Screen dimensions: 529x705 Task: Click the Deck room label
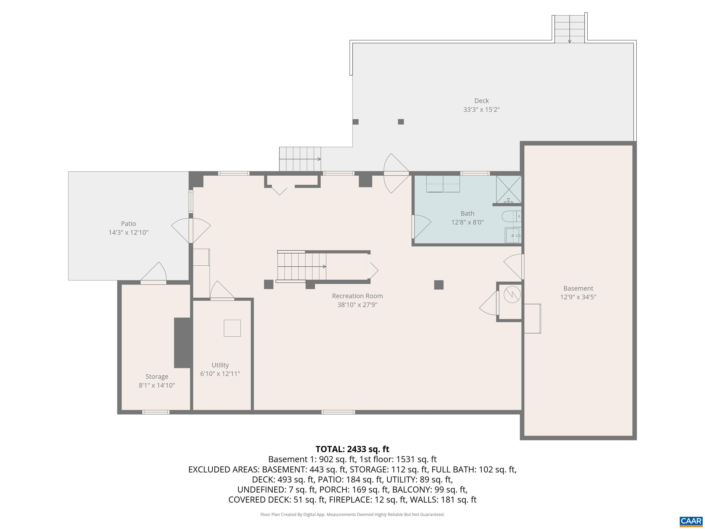pyautogui.click(x=481, y=101)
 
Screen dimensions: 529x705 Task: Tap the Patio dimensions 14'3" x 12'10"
pyautogui.click(x=129, y=232)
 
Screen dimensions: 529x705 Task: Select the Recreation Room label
pyautogui.click(x=357, y=296)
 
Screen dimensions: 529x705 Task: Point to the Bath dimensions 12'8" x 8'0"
pyautogui.click(x=467, y=222)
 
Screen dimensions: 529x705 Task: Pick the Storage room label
pyautogui.click(x=157, y=377)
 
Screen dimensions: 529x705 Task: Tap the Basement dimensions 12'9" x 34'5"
pyautogui.click(x=578, y=297)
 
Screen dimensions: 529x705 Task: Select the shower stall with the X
pyautogui.click(x=509, y=189)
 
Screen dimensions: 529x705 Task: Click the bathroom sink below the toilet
pyautogui.click(x=512, y=236)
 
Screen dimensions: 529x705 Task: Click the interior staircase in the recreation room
pyautogui.click(x=301, y=267)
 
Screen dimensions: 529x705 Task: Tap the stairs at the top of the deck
pyautogui.click(x=570, y=29)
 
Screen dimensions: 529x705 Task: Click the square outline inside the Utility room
pyautogui.click(x=232, y=328)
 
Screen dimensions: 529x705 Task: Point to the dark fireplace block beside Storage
pyautogui.click(x=183, y=343)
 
